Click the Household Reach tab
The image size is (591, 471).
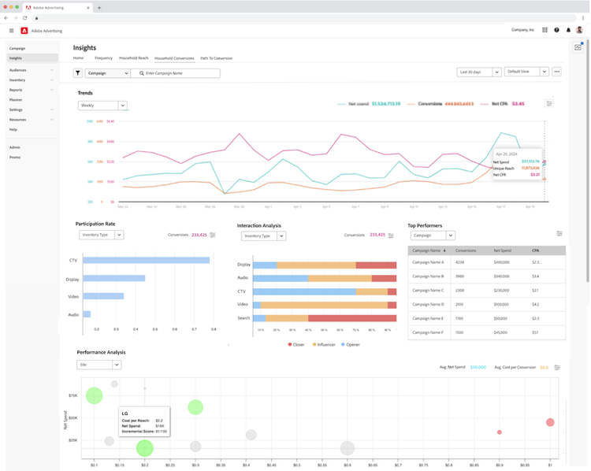[x=133, y=58]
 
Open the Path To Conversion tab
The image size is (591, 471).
[x=216, y=58]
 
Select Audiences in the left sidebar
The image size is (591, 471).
[x=17, y=70]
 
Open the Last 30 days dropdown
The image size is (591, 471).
[x=478, y=72]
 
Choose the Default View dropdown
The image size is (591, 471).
[x=526, y=72]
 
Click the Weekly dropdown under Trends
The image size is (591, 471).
[x=102, y=106]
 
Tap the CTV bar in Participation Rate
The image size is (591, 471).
[x=147, y=260]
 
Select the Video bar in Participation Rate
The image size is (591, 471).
[x=103, y=296]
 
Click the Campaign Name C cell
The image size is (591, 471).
[x=428, y=291]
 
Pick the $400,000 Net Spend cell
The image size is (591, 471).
[x=501, y=262]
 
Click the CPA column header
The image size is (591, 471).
[x=536, y=250]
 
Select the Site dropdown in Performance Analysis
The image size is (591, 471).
[x=98, y=365]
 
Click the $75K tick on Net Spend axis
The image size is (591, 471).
[x=72, y=395]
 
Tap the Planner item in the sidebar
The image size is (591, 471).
[x=16, y=100]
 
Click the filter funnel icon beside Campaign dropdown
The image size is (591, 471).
[x=78, y=73]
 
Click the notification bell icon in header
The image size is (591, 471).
[x=568, y=30]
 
